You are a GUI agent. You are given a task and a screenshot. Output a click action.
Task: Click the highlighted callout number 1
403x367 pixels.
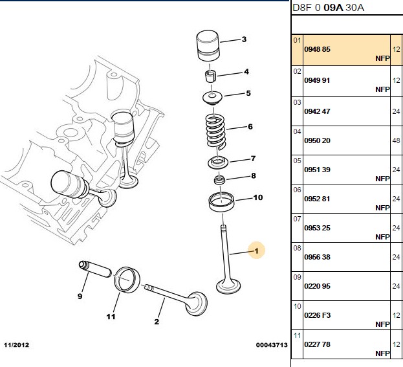(x=257, y=250)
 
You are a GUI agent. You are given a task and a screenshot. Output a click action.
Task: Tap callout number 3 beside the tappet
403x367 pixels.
(x=244, y=39)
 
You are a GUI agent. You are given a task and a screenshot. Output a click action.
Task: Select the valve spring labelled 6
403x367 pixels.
(x=216, y=131)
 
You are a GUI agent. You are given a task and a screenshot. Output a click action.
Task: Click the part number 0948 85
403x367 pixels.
(x=317, y=49)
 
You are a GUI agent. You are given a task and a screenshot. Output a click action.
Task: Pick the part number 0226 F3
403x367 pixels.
(x=317, y=315)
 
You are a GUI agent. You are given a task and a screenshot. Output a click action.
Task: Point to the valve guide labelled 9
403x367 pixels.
(x=95, y=269)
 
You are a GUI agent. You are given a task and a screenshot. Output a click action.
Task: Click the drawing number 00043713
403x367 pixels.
(x=272, y=345)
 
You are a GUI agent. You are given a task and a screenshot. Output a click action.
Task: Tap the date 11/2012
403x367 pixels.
(x=16, y=345)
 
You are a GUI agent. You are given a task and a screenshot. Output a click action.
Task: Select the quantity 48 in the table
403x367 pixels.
(x=396, y=140)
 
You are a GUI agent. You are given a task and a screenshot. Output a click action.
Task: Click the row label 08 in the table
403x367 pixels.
(x=297, y=248)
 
